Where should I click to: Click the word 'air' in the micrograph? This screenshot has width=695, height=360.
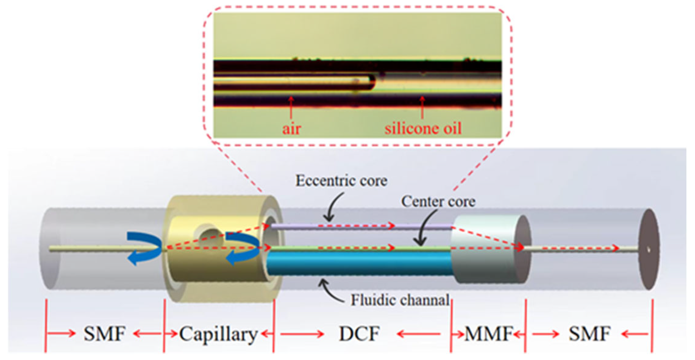point(291,129)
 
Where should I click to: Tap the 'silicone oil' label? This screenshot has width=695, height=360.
point(423,128)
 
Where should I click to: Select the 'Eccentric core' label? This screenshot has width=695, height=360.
point(341,181)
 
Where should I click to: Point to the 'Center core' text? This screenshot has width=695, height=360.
point(438,202)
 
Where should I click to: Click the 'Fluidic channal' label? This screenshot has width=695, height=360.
point(400,300)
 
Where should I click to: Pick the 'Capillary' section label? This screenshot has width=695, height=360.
point(218,334)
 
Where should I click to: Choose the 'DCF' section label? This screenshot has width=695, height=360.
point(359,334)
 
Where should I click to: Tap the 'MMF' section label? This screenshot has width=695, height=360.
point(488,334)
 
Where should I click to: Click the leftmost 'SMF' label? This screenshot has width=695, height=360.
point(104,334)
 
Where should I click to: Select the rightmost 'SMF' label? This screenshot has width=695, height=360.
point(589,334)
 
